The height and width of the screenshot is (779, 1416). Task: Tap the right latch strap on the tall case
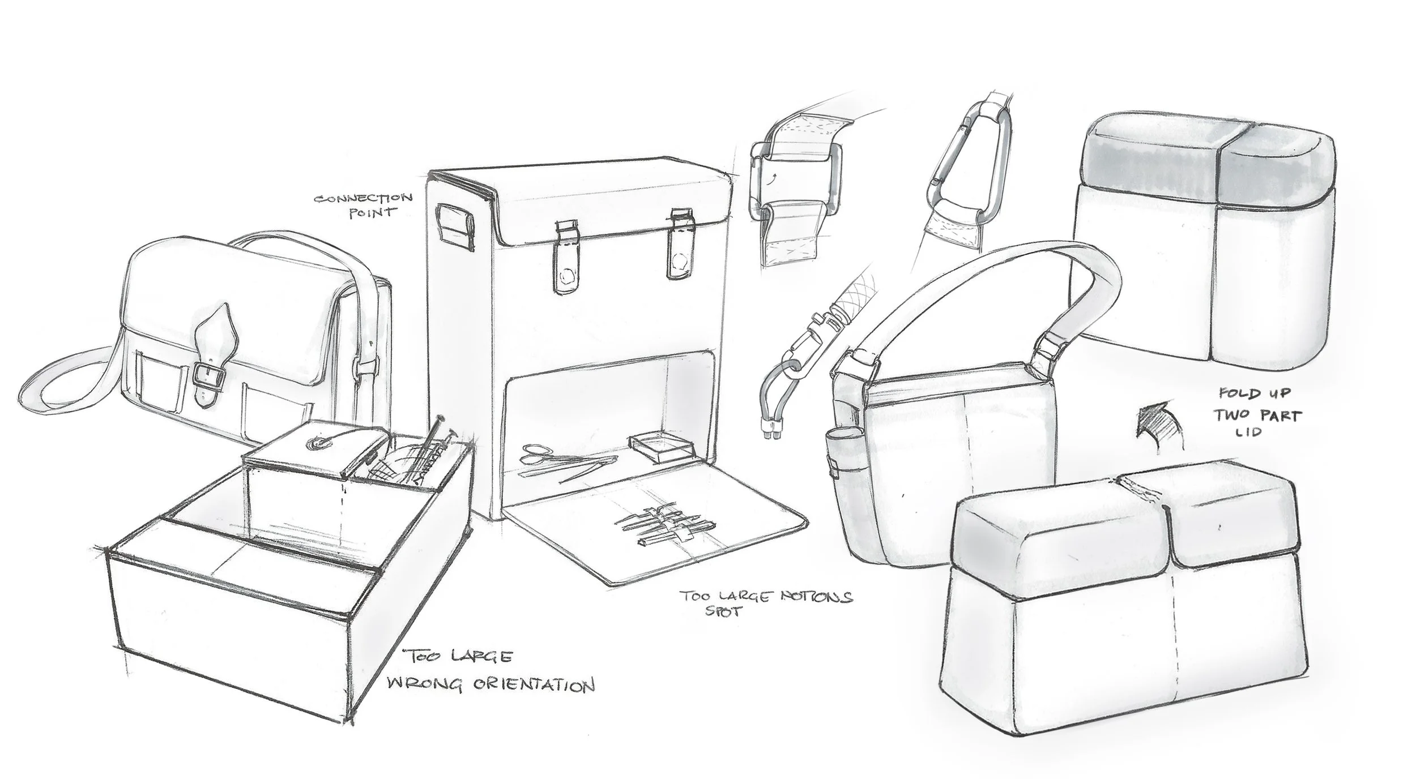[x=679, y=249]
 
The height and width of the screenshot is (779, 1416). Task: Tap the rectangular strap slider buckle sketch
[x=793, y=181]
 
